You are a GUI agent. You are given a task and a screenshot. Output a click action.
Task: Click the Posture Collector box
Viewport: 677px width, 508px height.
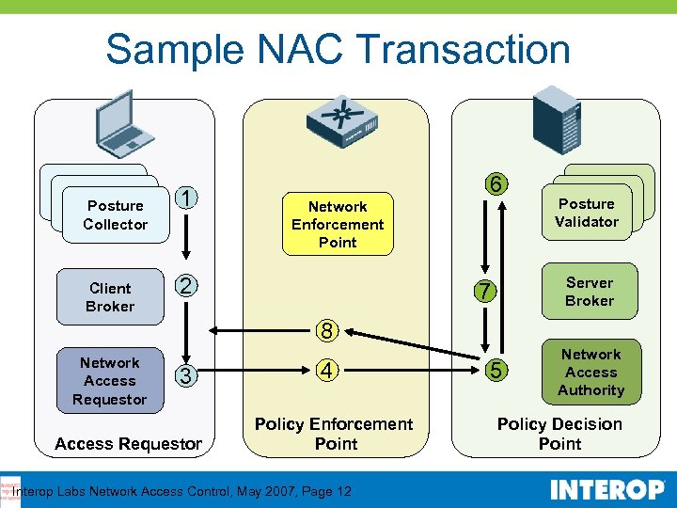pos(115,214)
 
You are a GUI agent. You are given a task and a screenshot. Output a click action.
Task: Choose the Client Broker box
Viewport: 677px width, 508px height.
pos(110,297)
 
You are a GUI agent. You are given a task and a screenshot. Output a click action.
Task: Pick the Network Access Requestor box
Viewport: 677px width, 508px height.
pos(110,381)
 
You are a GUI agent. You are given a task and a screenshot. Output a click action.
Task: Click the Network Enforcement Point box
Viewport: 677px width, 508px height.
pos(338,224)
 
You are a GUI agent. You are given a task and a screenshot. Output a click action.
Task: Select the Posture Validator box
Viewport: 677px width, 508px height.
pos(586,213)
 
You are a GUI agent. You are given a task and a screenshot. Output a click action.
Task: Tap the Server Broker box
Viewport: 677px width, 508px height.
pos(590,292)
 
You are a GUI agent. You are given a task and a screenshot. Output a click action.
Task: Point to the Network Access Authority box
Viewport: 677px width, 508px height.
pos(590,372)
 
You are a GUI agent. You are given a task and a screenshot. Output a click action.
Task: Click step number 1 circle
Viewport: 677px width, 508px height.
pos(188,198)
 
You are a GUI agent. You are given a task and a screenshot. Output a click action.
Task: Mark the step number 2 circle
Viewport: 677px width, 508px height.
pos(187,287)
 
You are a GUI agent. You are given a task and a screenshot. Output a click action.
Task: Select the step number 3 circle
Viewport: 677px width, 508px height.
pos(187,375)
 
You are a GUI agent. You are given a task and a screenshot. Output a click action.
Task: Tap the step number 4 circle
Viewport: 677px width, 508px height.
pos(326,371)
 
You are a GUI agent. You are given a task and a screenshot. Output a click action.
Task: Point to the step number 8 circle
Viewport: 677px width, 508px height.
pos(326,330)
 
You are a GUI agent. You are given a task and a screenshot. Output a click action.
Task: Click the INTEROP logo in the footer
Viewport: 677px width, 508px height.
pos(607,490)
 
